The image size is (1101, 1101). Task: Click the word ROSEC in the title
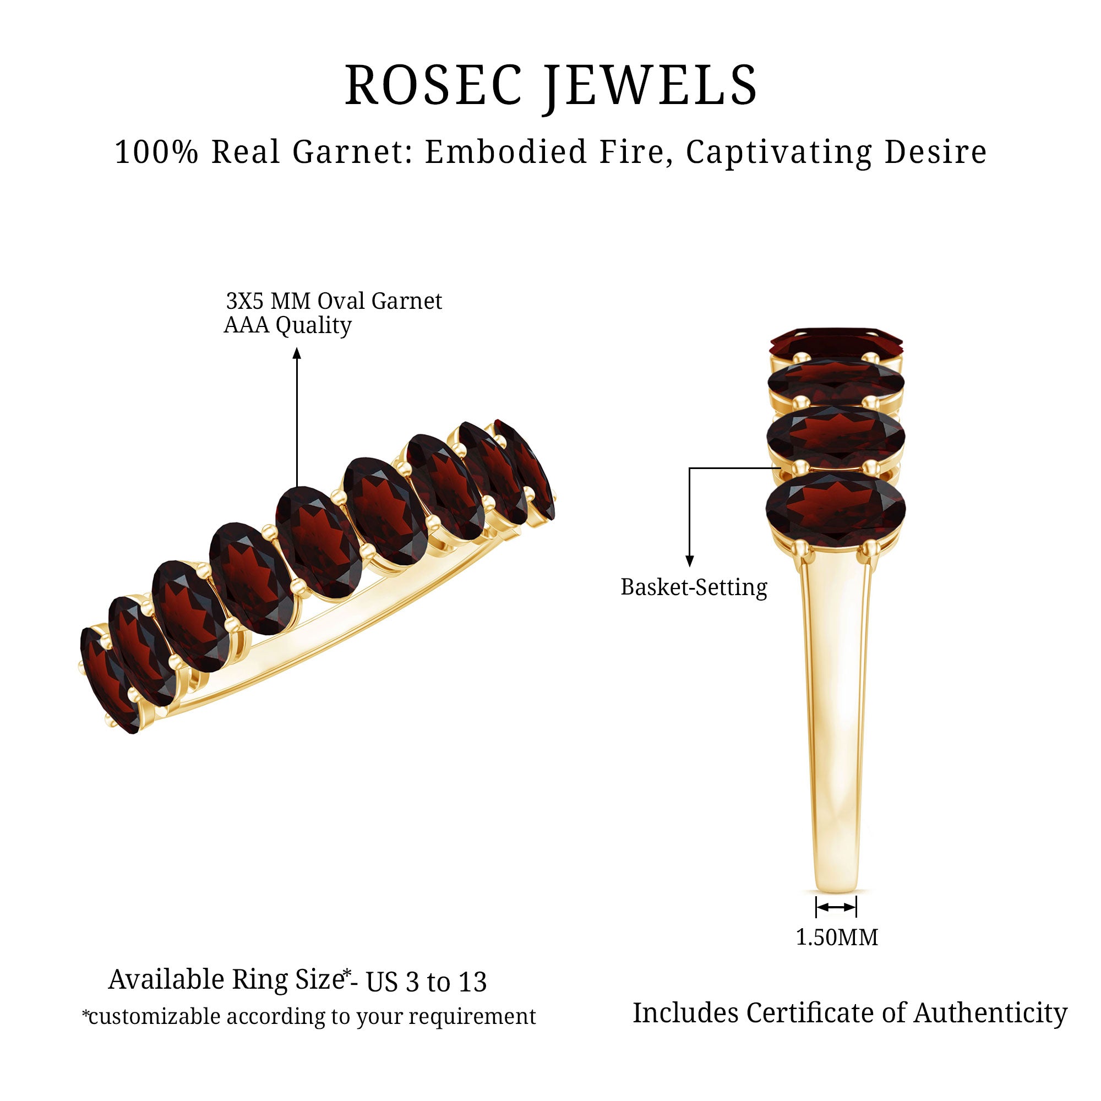tap(433, 85)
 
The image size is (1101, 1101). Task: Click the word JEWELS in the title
tap(650, 85)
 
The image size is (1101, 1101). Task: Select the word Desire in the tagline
tap(935, 152)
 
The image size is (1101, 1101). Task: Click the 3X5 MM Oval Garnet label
tap(334, 301)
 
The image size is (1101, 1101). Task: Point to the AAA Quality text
tap(287, 325)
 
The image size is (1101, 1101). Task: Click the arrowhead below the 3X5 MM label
tap(296, 354)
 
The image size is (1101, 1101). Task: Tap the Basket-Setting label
tap(694, 587)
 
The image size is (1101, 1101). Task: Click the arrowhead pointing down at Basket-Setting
tap(690, 561)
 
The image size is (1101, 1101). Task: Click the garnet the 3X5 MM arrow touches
tap(318, 541)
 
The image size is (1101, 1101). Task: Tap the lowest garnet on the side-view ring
tap(836, 506)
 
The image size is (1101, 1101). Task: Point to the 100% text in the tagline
tap(156, 152)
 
